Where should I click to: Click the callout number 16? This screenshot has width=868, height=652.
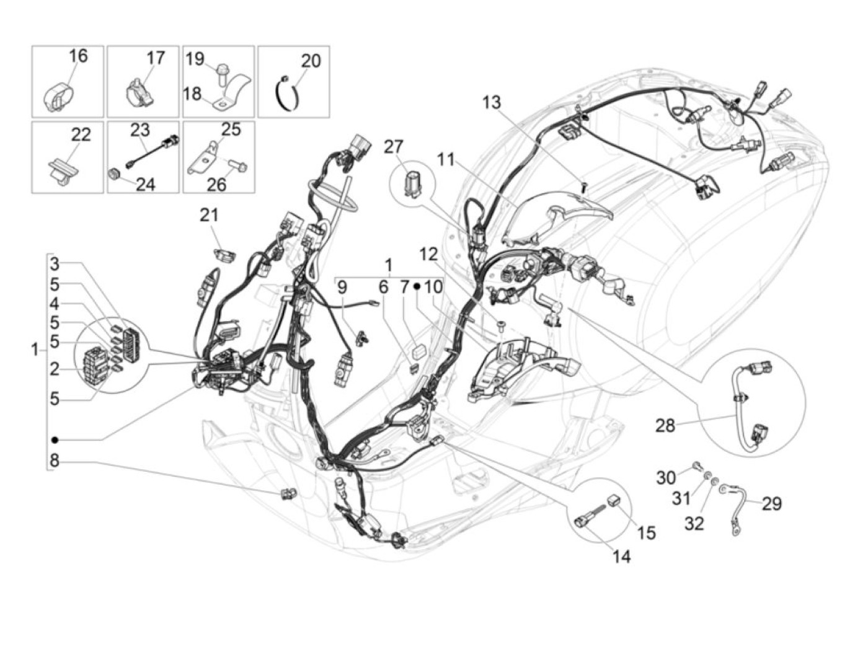78,56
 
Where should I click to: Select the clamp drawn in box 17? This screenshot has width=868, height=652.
141,91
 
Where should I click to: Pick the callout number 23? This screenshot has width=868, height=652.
139,130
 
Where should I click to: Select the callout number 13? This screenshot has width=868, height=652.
491,102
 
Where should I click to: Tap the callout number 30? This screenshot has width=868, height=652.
666,477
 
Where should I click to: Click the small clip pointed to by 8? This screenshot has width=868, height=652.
287,493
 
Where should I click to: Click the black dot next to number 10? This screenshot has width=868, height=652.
417,287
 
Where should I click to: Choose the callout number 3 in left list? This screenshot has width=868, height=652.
55,265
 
